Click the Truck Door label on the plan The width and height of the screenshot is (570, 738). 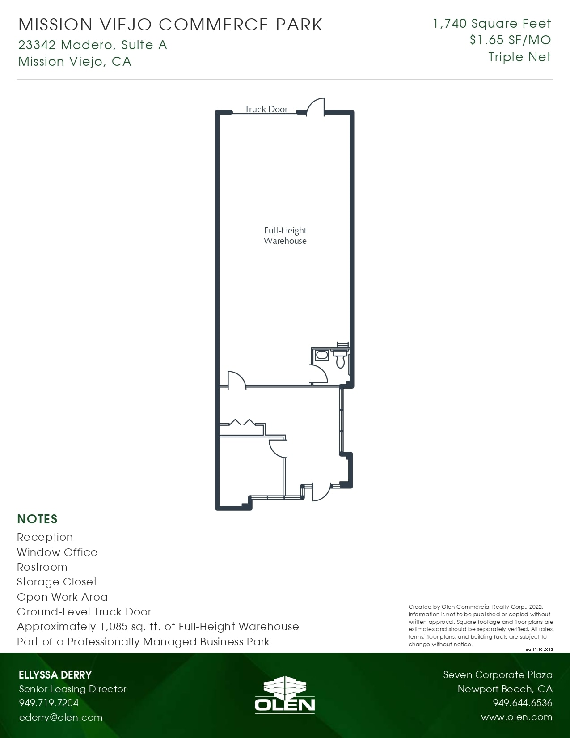click(x=266, y=109)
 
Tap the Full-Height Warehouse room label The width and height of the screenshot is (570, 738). click(x=285, y=236)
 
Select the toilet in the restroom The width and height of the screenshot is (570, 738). click(x=341, y=359)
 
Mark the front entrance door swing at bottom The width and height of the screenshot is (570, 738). click(x=321, y=492)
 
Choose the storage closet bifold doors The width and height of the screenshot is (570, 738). click(x=241, y=422)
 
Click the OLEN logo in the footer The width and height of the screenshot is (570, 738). click(x=285, y=694)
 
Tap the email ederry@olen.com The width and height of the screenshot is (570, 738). click(x=61, y=717)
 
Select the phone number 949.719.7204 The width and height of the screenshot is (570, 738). click(x=49, y=703)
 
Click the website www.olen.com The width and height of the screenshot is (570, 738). click(x=516, y=717)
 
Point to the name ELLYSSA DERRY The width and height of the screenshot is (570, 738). click(x=55, y=675)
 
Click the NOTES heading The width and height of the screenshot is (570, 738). click(x=38, y=519)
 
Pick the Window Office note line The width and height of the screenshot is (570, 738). click(x=57, y=552)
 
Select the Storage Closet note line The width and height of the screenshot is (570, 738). click(x=57, y=582)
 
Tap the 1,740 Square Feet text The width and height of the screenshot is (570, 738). click(x=492, y=24)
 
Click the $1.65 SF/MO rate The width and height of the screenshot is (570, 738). click(x=510, y=40)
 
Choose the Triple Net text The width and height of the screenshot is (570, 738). click(x=519, y=57)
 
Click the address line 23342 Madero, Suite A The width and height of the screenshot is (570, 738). click(x=93, y=45)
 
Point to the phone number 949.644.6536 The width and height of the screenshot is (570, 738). click(x=523, y=703)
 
